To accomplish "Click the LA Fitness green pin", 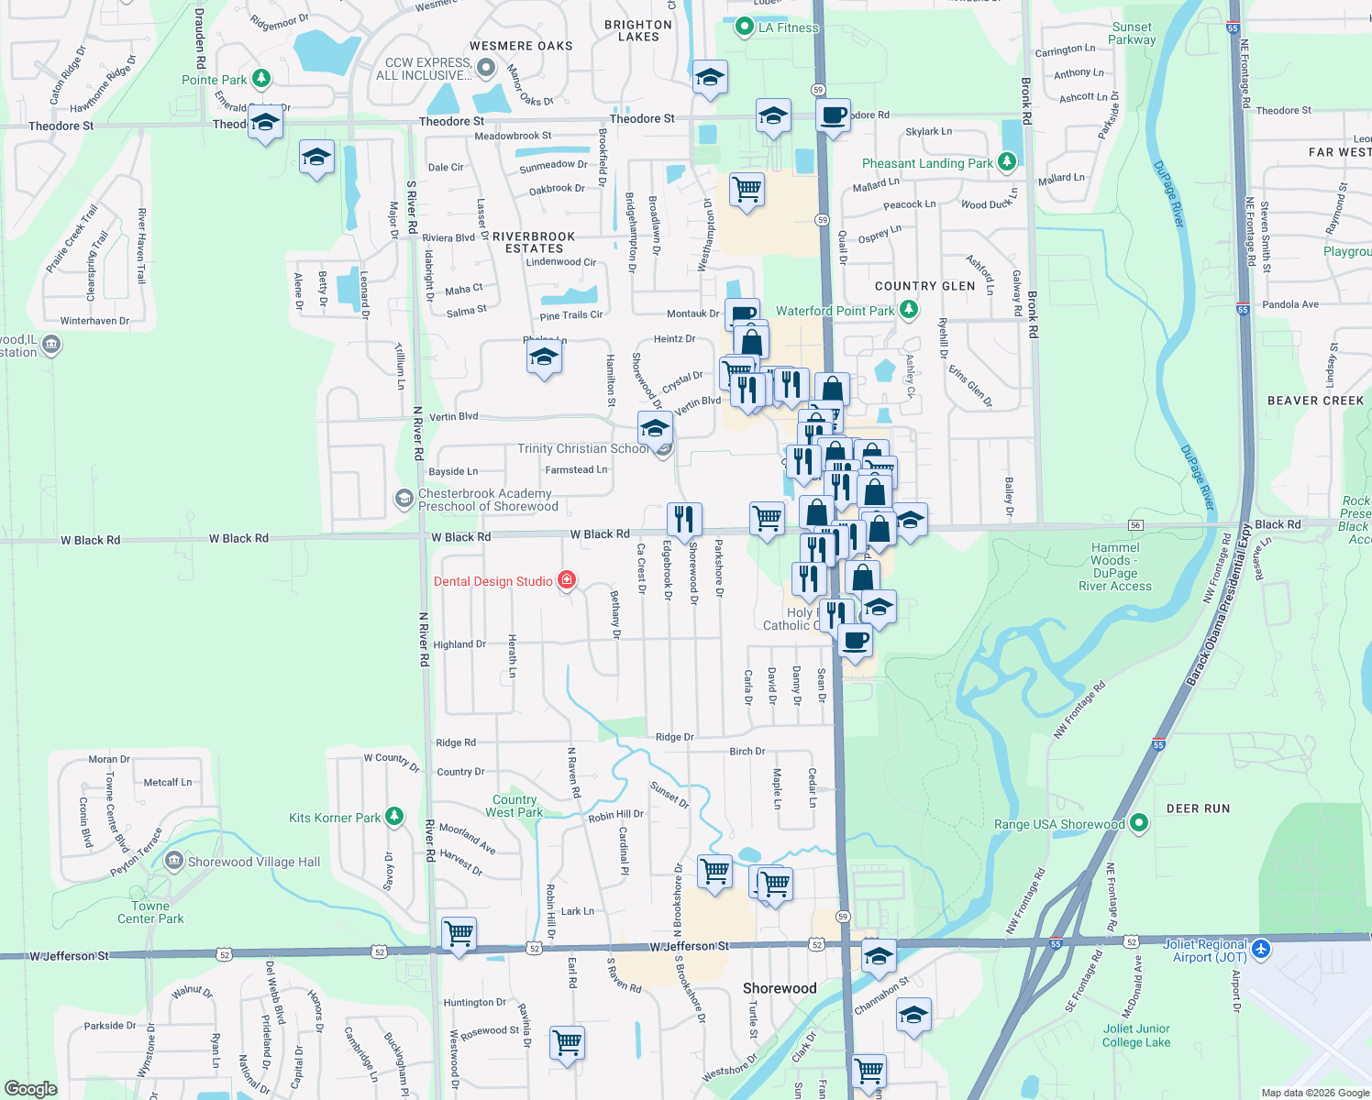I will click(x=745, y=27).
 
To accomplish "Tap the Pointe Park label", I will click(x=214, y=80).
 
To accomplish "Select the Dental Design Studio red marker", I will click(x=567, y=579).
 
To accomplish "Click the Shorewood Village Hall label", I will click(x=254, y=862).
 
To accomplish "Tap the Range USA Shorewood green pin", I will click(x=1139, y=823).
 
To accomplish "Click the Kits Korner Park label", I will click(x=334, y=818).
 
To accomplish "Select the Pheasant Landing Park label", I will click(x=927, y=163).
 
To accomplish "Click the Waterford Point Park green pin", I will click(x=909, y=310).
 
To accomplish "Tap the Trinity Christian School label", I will click(x=582, y=448).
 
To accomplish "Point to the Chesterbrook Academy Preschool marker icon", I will click(x=404, y=498).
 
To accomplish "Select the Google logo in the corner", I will click(x=31, y=1088).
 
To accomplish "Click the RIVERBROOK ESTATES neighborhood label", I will click(x=534, y=242).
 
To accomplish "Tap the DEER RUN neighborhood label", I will click(x=1198, y=808).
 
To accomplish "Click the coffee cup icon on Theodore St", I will click(x=833, y=116).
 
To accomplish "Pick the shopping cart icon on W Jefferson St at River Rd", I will click(x=459, y=934).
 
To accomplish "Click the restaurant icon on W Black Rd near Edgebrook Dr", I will click(x=684, y=520).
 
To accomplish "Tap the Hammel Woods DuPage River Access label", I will click(x=1115, y=566).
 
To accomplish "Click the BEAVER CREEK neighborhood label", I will click(x=1315, y=401).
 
